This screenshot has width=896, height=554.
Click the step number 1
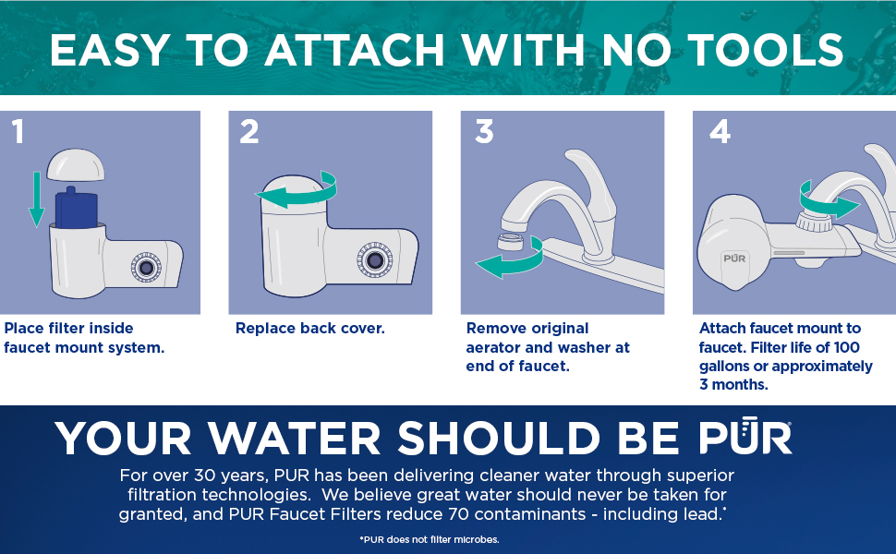tap(18, 131)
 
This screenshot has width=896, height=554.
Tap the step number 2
tap(249, 131)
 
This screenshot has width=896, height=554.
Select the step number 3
tap(484, 131)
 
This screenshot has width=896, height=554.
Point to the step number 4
tap(720, 131)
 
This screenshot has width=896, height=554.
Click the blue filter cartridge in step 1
tap(76, 208)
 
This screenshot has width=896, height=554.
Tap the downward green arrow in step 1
tap(37, 199)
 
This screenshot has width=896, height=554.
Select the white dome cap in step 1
tap(76, 165)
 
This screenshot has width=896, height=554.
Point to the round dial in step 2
tap(375, 260)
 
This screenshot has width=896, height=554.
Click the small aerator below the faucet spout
tap(511, 242)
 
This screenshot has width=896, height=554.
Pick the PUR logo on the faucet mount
tap(734, 259)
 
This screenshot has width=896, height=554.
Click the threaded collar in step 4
tap(815, 221)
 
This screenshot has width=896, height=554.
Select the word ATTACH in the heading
tap(355, 50)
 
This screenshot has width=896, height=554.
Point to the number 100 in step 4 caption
tap(846, 347)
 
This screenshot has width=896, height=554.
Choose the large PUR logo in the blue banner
tap(745, 436)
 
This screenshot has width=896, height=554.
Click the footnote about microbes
tap(430, 539)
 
